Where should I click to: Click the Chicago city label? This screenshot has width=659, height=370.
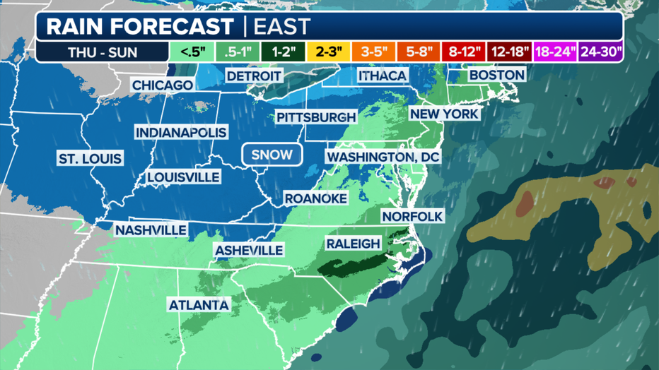[163, 85]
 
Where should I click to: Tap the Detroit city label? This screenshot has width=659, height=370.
[254, 76]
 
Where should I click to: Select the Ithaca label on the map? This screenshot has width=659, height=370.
[383, 76]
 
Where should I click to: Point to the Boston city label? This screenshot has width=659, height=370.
[496, 75]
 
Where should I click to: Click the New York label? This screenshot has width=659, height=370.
[445, 114]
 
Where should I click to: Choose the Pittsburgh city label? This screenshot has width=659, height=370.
[315, 117]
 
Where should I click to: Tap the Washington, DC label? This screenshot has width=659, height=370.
[383, 156]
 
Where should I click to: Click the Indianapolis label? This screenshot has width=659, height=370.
[181, 133]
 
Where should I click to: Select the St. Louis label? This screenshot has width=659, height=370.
[90, 159]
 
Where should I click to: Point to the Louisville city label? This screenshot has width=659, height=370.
[184, 177]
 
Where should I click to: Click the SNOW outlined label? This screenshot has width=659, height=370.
[272, 155]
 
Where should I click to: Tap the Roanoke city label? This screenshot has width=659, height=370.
[315, 199]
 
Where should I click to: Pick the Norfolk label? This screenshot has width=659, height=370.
[412, 216]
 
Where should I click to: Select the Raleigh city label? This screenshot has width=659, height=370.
[353, 244]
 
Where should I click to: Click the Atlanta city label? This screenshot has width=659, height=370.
[199, 305]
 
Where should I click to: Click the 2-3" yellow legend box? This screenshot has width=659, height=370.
[329, 52]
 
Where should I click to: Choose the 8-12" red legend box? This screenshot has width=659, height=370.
[465, 52]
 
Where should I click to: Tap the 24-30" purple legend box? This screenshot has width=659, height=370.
[600, 52]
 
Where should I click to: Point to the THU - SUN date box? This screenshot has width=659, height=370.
[103, 52]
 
